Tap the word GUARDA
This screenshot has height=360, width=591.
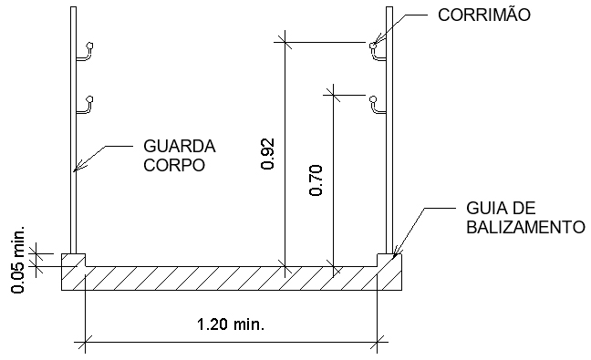(x=180, y=146)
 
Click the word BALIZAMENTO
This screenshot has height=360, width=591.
(x=519, y=226)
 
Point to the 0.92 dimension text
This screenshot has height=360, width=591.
(x=267, y=155)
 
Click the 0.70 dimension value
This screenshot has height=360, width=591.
(x=316, y=180)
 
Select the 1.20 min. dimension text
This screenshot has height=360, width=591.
(x=235, y=323)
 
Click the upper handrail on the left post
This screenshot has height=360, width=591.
(x=86, y=53)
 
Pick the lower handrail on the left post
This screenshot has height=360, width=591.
(x=86, y=104)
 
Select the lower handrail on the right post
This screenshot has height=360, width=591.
(x=377, y=104)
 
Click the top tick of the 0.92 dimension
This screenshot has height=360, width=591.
(x=285, y=41)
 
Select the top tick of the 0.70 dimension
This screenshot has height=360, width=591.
(x=334, y=92)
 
